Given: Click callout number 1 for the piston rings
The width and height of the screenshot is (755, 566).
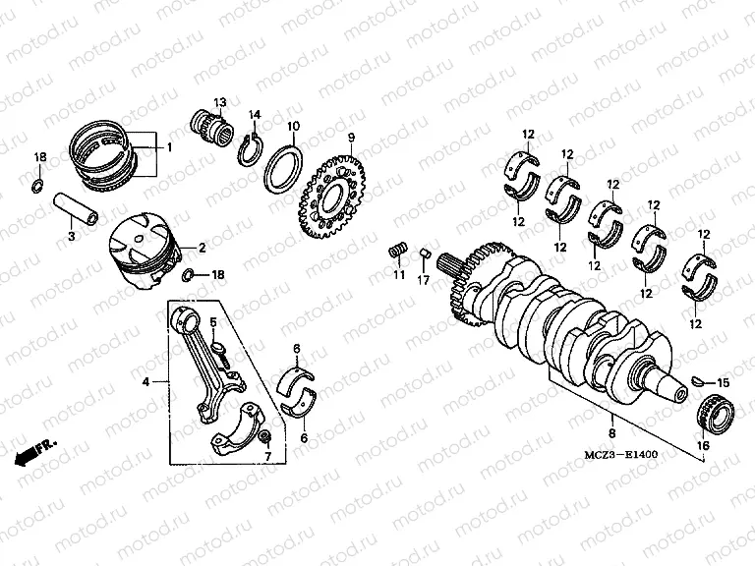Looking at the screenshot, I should pos(168,147).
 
